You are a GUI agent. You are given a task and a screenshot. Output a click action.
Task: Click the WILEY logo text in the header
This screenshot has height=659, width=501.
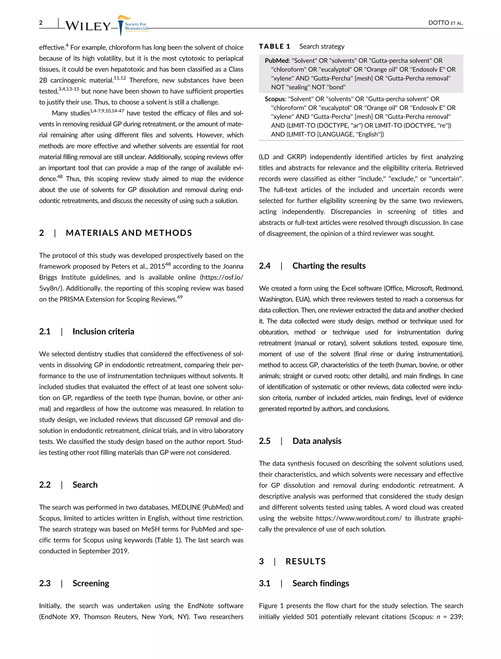tap(88, 26)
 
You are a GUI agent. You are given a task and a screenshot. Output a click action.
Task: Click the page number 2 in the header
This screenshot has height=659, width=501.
tap(41, 23)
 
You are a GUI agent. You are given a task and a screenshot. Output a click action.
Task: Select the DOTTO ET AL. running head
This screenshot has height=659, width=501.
tap(445, 23)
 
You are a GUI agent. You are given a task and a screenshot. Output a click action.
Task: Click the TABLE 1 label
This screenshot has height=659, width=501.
tap(274, 46)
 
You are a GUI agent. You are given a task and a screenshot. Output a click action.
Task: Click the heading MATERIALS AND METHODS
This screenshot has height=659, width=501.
tap(129, 233)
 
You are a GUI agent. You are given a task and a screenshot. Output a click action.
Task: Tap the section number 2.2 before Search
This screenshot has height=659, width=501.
tap(45, 485)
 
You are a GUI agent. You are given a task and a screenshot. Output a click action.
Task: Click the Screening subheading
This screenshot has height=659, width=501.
tap(91, 583)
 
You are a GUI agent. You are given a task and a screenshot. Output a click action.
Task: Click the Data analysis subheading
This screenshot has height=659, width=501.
tap(317, 441)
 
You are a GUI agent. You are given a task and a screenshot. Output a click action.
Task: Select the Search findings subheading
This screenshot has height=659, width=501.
tap(320, 583)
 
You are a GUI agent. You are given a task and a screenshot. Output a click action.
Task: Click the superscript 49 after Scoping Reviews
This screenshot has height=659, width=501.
tap(180, 297)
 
